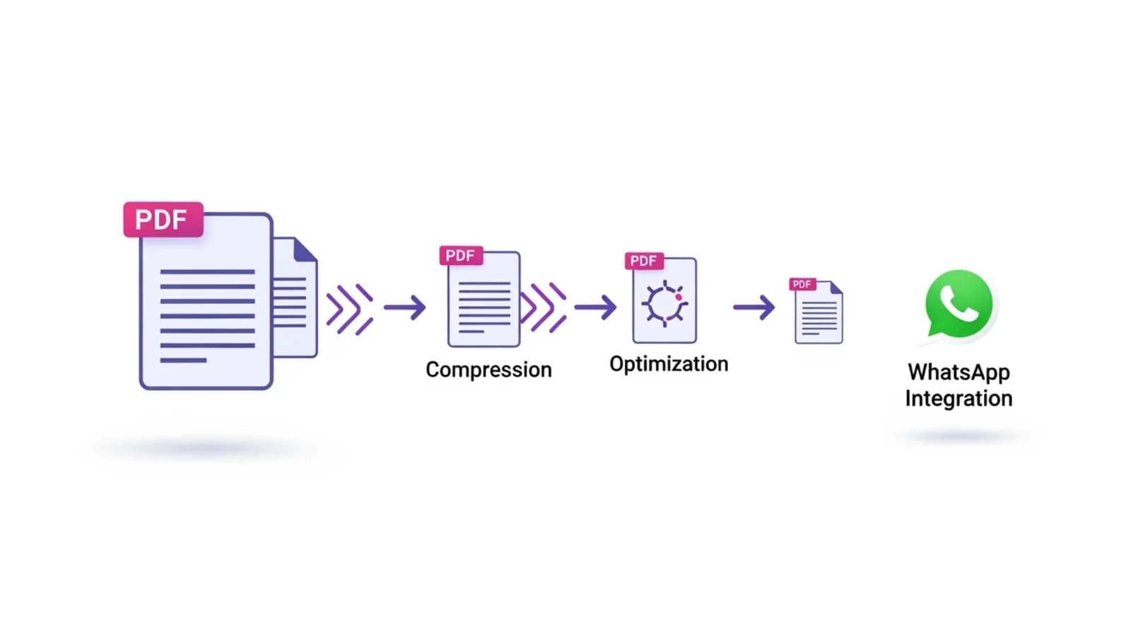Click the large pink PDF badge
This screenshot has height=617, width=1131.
coord(163,220)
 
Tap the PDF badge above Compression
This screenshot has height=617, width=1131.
coord(461,255)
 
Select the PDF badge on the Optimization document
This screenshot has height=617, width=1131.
coord(644,261)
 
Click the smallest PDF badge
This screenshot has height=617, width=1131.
coord(802,284)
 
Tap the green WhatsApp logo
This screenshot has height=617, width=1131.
coord(959,304)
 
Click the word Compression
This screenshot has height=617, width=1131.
coord(488,370)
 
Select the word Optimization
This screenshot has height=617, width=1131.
coord(669,364)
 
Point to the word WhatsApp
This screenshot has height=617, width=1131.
coord(959,372)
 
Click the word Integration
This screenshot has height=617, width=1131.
coord(959,399)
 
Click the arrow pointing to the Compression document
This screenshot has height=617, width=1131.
coord(405,307)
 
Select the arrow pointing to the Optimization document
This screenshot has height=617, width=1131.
coord(596,307)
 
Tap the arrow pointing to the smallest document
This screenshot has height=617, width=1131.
coord(754,307)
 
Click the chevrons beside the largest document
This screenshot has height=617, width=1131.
coord(350,309)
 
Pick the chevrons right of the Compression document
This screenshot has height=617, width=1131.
coord(544,307)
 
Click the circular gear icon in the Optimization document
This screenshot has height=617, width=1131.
coord(664,303)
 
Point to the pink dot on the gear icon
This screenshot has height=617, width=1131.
coord(679,298)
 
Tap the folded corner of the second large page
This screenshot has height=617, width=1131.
coord(305,249)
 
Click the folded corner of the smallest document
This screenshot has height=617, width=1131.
coord(836,288)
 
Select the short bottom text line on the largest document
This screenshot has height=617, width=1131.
coord(183,360)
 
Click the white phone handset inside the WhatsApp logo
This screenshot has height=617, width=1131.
coord(959,303)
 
